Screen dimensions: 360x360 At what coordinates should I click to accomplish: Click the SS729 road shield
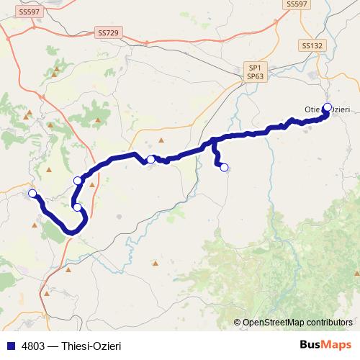pos(108,33)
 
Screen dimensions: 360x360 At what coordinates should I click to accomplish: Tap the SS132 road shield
pos(312,45)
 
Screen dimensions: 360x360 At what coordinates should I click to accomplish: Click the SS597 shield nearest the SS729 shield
pos(30,12)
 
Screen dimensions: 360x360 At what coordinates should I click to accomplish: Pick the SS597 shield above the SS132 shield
pos(297,4)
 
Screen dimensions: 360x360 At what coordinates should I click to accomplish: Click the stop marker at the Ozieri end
pos(327,107)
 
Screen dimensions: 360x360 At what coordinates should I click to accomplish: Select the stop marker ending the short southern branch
pos(224,168)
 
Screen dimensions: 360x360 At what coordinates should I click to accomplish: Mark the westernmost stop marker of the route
pos(32,193)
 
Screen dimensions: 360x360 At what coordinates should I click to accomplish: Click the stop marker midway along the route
pos(150,159)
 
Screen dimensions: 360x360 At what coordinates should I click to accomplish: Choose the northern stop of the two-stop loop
pos(78,181)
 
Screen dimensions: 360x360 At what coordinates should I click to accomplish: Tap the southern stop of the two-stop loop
pos(78,207)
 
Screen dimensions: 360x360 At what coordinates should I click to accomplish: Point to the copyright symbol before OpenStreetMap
pos(238,323)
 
